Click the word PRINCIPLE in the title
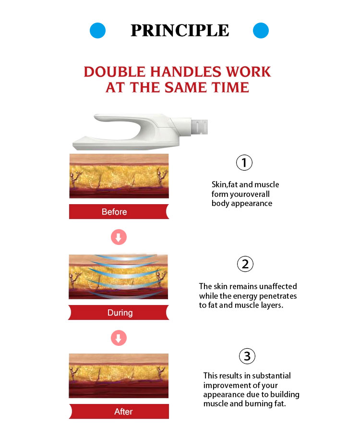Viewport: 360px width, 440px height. click(x=180, y=30)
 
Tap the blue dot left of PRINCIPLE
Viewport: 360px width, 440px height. click(x=97, y=30)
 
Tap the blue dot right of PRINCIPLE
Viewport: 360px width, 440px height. click(x=261, y=30)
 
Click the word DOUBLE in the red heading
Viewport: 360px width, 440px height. click(x=115, y=72)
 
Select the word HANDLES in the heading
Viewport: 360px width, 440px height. click(x=186, y=72)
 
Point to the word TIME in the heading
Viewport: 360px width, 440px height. click(x=230, y=87)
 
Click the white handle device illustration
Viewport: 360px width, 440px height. click(x=140, y=132)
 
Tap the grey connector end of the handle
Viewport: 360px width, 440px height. click(x=200, y=126)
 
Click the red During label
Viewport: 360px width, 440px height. click(x=118, y=312)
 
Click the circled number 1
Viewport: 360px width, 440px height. click(x=244, y=162)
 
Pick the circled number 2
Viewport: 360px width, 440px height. click(x=245, y=264)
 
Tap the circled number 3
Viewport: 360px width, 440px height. click(x=247, y=356)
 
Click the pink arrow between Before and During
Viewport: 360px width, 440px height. click(x=119, y=237)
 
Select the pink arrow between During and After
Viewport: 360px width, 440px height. click(x=119, y=338)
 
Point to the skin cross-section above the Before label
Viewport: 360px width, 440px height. click(x=119, y=176)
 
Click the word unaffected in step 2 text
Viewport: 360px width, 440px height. click(x=278, y=286)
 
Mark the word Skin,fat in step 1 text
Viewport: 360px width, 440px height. click(x=225, y=184)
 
